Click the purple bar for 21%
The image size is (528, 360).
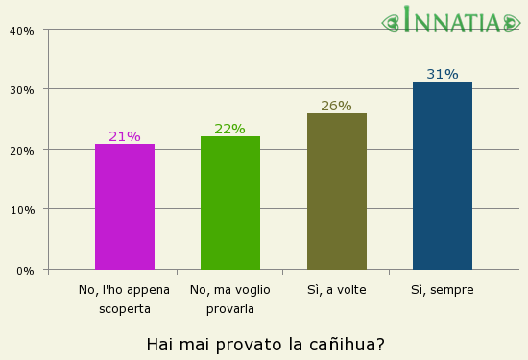[x=125, y=206]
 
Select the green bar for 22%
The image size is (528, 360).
[x=230, y=203]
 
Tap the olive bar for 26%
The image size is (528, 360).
[x=336, y=191]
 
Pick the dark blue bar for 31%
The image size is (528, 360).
[x=443, y=176]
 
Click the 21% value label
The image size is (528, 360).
[x=125, y=136]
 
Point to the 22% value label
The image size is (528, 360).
[x=230, y=129]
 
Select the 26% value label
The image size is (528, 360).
[x=336, y=106]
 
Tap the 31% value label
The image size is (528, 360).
[x=443, y=74]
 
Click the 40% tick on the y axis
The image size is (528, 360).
[x=22, y=30]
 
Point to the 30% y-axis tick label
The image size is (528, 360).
[x=22, y=90]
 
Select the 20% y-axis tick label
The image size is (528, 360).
[x=22, y=150]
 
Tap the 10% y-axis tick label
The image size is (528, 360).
[x=22, y=210]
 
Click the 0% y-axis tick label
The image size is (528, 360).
[x=25, y=271]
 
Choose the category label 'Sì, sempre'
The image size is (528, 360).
[x=443, y=289]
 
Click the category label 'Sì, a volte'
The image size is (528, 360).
[x=337, y=289]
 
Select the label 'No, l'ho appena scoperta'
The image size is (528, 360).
[x=125, y=299]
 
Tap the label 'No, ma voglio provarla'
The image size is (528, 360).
[x=230, y=299]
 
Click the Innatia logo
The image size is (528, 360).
[x=452, y=20]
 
